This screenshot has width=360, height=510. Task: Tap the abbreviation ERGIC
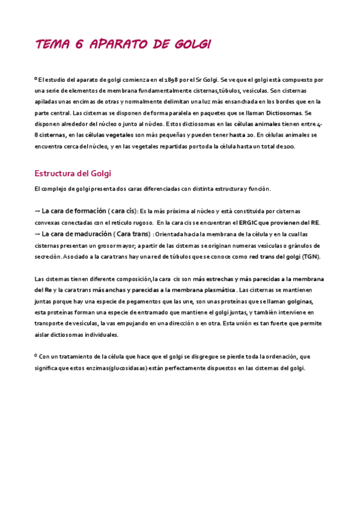249,223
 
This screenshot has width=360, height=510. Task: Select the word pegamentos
135,301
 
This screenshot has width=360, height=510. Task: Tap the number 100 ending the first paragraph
290,147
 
